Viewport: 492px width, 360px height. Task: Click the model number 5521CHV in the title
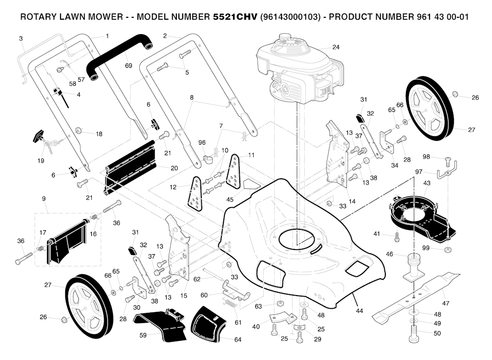pos(234,17)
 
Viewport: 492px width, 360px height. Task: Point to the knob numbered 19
pos(39,137)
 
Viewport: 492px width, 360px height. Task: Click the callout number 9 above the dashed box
pos(44,199)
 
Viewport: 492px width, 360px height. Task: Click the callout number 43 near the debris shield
pos(427,183)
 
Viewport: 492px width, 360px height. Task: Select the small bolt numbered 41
pos(396,236)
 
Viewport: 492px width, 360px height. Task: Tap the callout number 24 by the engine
pos(336,47)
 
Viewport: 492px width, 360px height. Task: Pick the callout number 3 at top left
pos(21,38)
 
